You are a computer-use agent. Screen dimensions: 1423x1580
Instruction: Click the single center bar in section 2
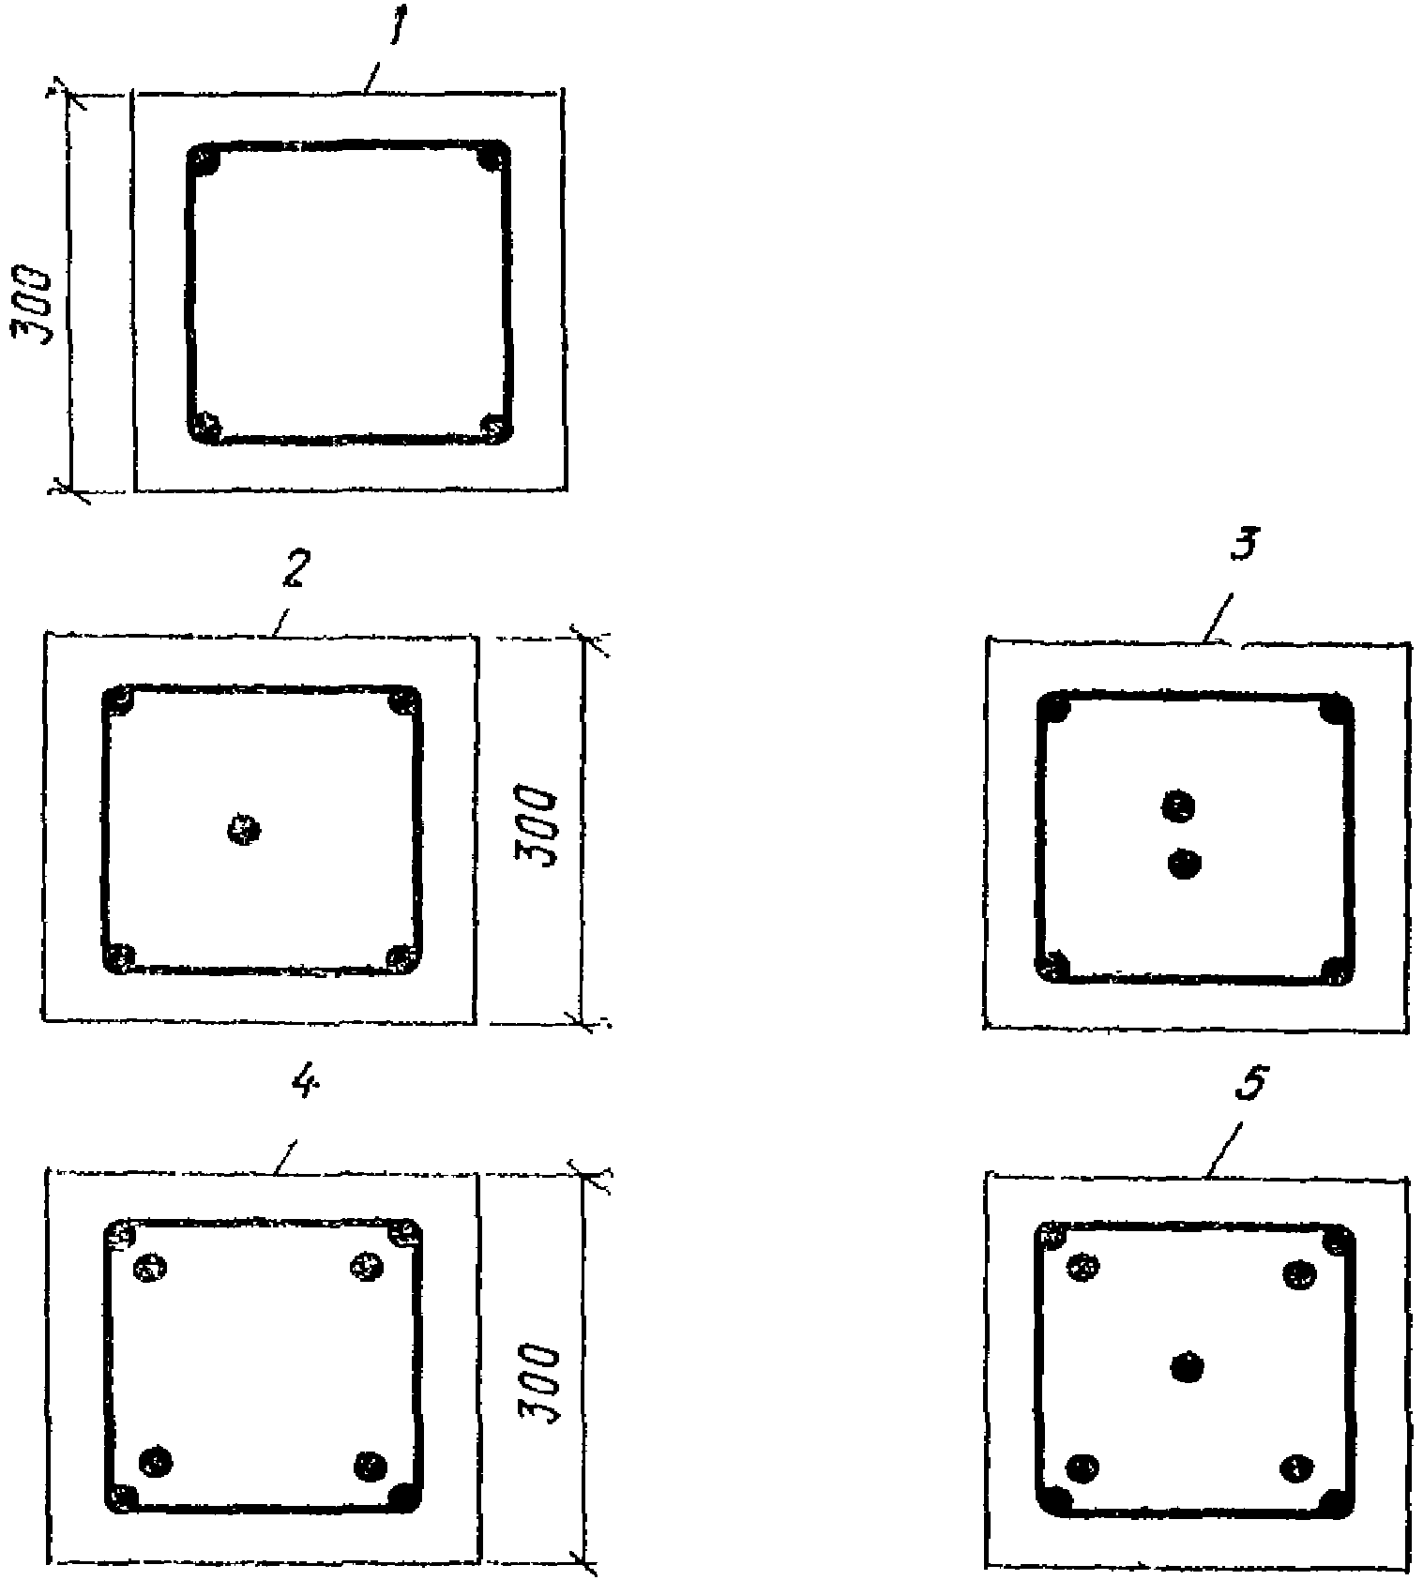coord(244,829)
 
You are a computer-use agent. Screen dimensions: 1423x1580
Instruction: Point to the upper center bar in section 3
coord(1179,805)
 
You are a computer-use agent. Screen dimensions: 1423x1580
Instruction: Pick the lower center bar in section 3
coord(1185,864)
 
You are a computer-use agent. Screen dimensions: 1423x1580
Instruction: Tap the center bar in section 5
coord(1188,1366)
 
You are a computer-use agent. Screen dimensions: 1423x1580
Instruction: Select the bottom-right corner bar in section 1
coord(494,428)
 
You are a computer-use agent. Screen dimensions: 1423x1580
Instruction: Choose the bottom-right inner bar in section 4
coord(371,1464)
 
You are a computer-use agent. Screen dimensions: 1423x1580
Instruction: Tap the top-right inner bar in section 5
coord(1299,1274)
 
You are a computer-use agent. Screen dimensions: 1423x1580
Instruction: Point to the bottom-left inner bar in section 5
coord(1084,1466)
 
